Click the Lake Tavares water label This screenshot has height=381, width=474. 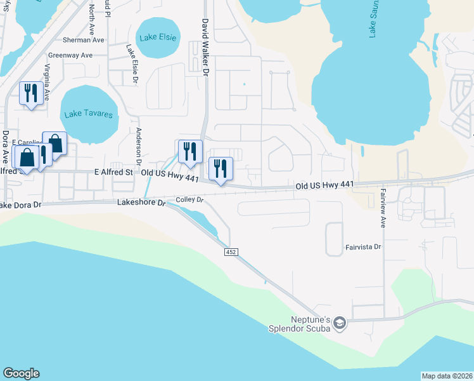click(89, 115)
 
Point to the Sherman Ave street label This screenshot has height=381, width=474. click(88, 39)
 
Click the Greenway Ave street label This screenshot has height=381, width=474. click(75, 55)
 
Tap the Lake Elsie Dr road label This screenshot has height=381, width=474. click(131, 63)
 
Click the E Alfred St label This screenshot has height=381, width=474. click(114, 172)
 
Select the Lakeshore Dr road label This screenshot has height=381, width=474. click(141, 203)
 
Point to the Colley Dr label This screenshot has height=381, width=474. click(189, 199)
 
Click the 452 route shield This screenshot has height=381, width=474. click(231, 253)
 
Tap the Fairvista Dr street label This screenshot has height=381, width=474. click(363, 246)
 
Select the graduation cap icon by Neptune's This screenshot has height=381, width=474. click(340, 324)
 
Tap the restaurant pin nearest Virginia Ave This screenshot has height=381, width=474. click(30, 93)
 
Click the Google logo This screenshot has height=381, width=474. click(21, 373)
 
